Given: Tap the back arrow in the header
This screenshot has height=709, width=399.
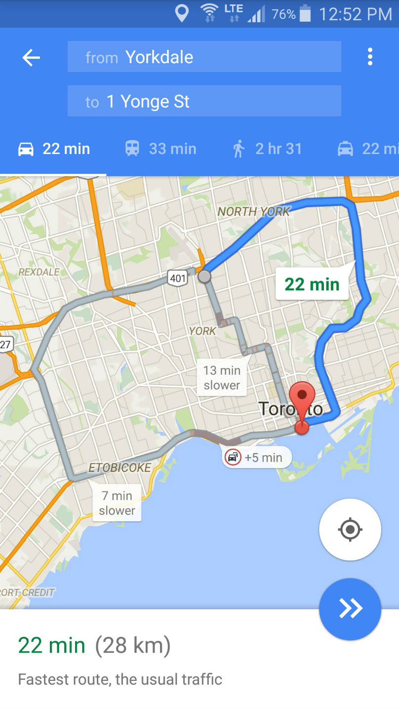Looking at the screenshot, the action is [31, 58].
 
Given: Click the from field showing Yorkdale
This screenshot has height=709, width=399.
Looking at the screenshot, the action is [204, 57].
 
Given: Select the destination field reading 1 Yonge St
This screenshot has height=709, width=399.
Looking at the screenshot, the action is [204, 101].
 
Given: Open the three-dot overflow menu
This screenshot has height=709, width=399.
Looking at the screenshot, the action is [370, 57].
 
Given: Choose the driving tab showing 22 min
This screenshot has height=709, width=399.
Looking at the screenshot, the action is [54, 149].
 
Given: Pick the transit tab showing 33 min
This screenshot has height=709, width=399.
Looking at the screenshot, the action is [160, 149].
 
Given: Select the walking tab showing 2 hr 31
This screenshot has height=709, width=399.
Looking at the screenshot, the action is [267, 149].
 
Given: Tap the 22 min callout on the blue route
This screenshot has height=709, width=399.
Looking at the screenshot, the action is [312, 284].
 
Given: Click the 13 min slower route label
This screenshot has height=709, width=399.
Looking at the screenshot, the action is [222, 378].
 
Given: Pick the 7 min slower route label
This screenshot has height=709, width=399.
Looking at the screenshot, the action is [117, 503].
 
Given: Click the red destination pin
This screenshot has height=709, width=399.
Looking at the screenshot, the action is [302, 400].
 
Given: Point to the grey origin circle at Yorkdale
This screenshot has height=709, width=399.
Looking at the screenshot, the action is [204, 276].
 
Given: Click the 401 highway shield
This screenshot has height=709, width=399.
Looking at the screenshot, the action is [177, 278].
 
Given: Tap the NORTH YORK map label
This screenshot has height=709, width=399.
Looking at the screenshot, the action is [254, 212].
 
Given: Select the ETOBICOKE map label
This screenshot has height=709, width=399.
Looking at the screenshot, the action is [120, 468].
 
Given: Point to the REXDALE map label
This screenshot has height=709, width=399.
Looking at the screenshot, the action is [39, 272].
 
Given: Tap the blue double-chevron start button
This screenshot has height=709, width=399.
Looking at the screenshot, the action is [350, 609].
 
